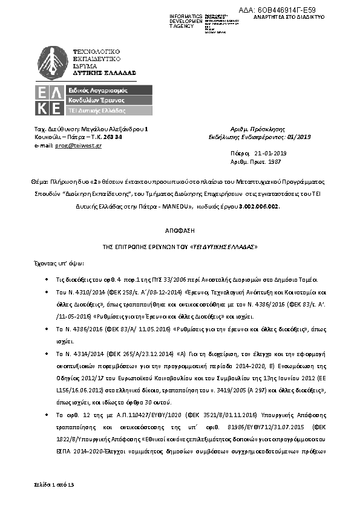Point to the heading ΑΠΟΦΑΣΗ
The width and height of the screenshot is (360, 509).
coord(180,232)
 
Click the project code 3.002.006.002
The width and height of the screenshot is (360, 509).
coord(262,206)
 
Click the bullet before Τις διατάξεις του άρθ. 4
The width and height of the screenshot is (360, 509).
coord(48,279)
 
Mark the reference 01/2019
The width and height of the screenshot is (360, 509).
coord(299,137)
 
